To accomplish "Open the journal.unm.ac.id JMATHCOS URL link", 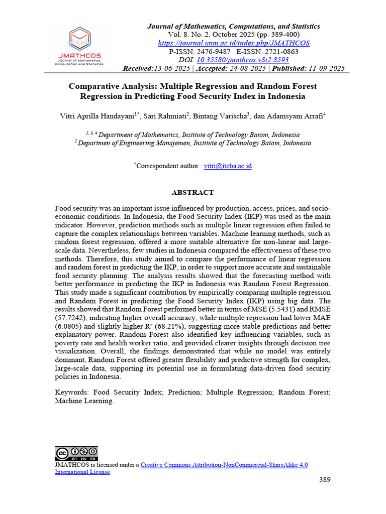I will click(x=234, y=43).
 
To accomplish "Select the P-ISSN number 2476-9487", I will click(x=214, y=52).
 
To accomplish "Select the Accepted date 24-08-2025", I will click(x=246, y=68).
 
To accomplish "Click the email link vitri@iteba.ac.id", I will click(x=228, y=166).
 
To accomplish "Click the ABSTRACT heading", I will click(x=193, y=193).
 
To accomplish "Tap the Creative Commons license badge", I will click(x=76, y=453).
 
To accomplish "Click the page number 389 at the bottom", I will click(x=325, y=480).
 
